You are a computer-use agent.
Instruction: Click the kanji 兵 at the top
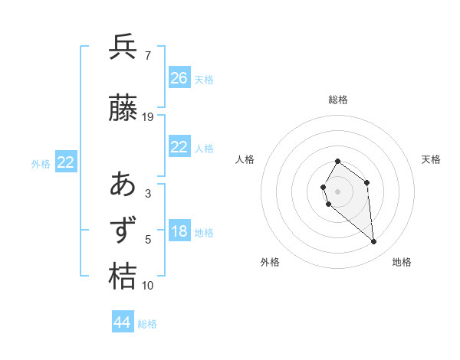coord(123,47)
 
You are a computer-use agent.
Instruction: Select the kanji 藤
coord(123,110)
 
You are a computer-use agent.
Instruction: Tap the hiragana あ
coord(123,185)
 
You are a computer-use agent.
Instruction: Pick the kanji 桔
coord(123,277)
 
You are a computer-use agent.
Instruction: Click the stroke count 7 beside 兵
coord(147,55)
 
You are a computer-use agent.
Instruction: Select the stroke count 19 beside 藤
coord(148,117)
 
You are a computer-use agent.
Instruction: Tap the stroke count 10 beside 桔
coord(148,286)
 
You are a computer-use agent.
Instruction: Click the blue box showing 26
coord(179,77)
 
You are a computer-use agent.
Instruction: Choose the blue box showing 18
coord(179,232)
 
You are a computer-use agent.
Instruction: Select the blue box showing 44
coord(122,322)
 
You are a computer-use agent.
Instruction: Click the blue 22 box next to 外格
coord(66,162)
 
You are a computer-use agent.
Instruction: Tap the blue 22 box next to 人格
coord(179,147)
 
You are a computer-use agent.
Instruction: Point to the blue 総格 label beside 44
coord(147,324)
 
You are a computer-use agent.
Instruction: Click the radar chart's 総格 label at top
coord(337,100)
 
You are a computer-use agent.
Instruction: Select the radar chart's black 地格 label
coord(402,262)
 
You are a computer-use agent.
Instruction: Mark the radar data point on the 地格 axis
coord(374,242)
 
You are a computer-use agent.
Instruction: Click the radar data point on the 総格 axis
coord(337,162)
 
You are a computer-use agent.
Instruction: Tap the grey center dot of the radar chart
coord(337,191)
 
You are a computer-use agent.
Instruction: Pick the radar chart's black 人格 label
coord(245,159)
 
